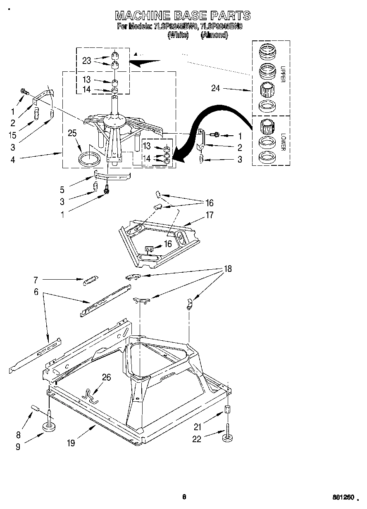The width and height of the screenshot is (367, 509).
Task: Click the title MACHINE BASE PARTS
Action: pos(182,16)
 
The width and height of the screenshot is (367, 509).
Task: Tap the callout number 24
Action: pos(215,88)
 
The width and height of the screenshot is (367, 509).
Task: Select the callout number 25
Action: pos(72,133)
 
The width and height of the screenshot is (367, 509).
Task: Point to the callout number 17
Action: pos(210,214)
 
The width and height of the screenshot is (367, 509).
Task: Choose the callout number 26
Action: pos(106,377)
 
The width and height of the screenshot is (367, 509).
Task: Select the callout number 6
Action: pos(36,292)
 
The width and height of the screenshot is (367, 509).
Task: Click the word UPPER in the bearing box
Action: pos(283,74)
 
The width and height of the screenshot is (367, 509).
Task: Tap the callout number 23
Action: pos(86,60)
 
